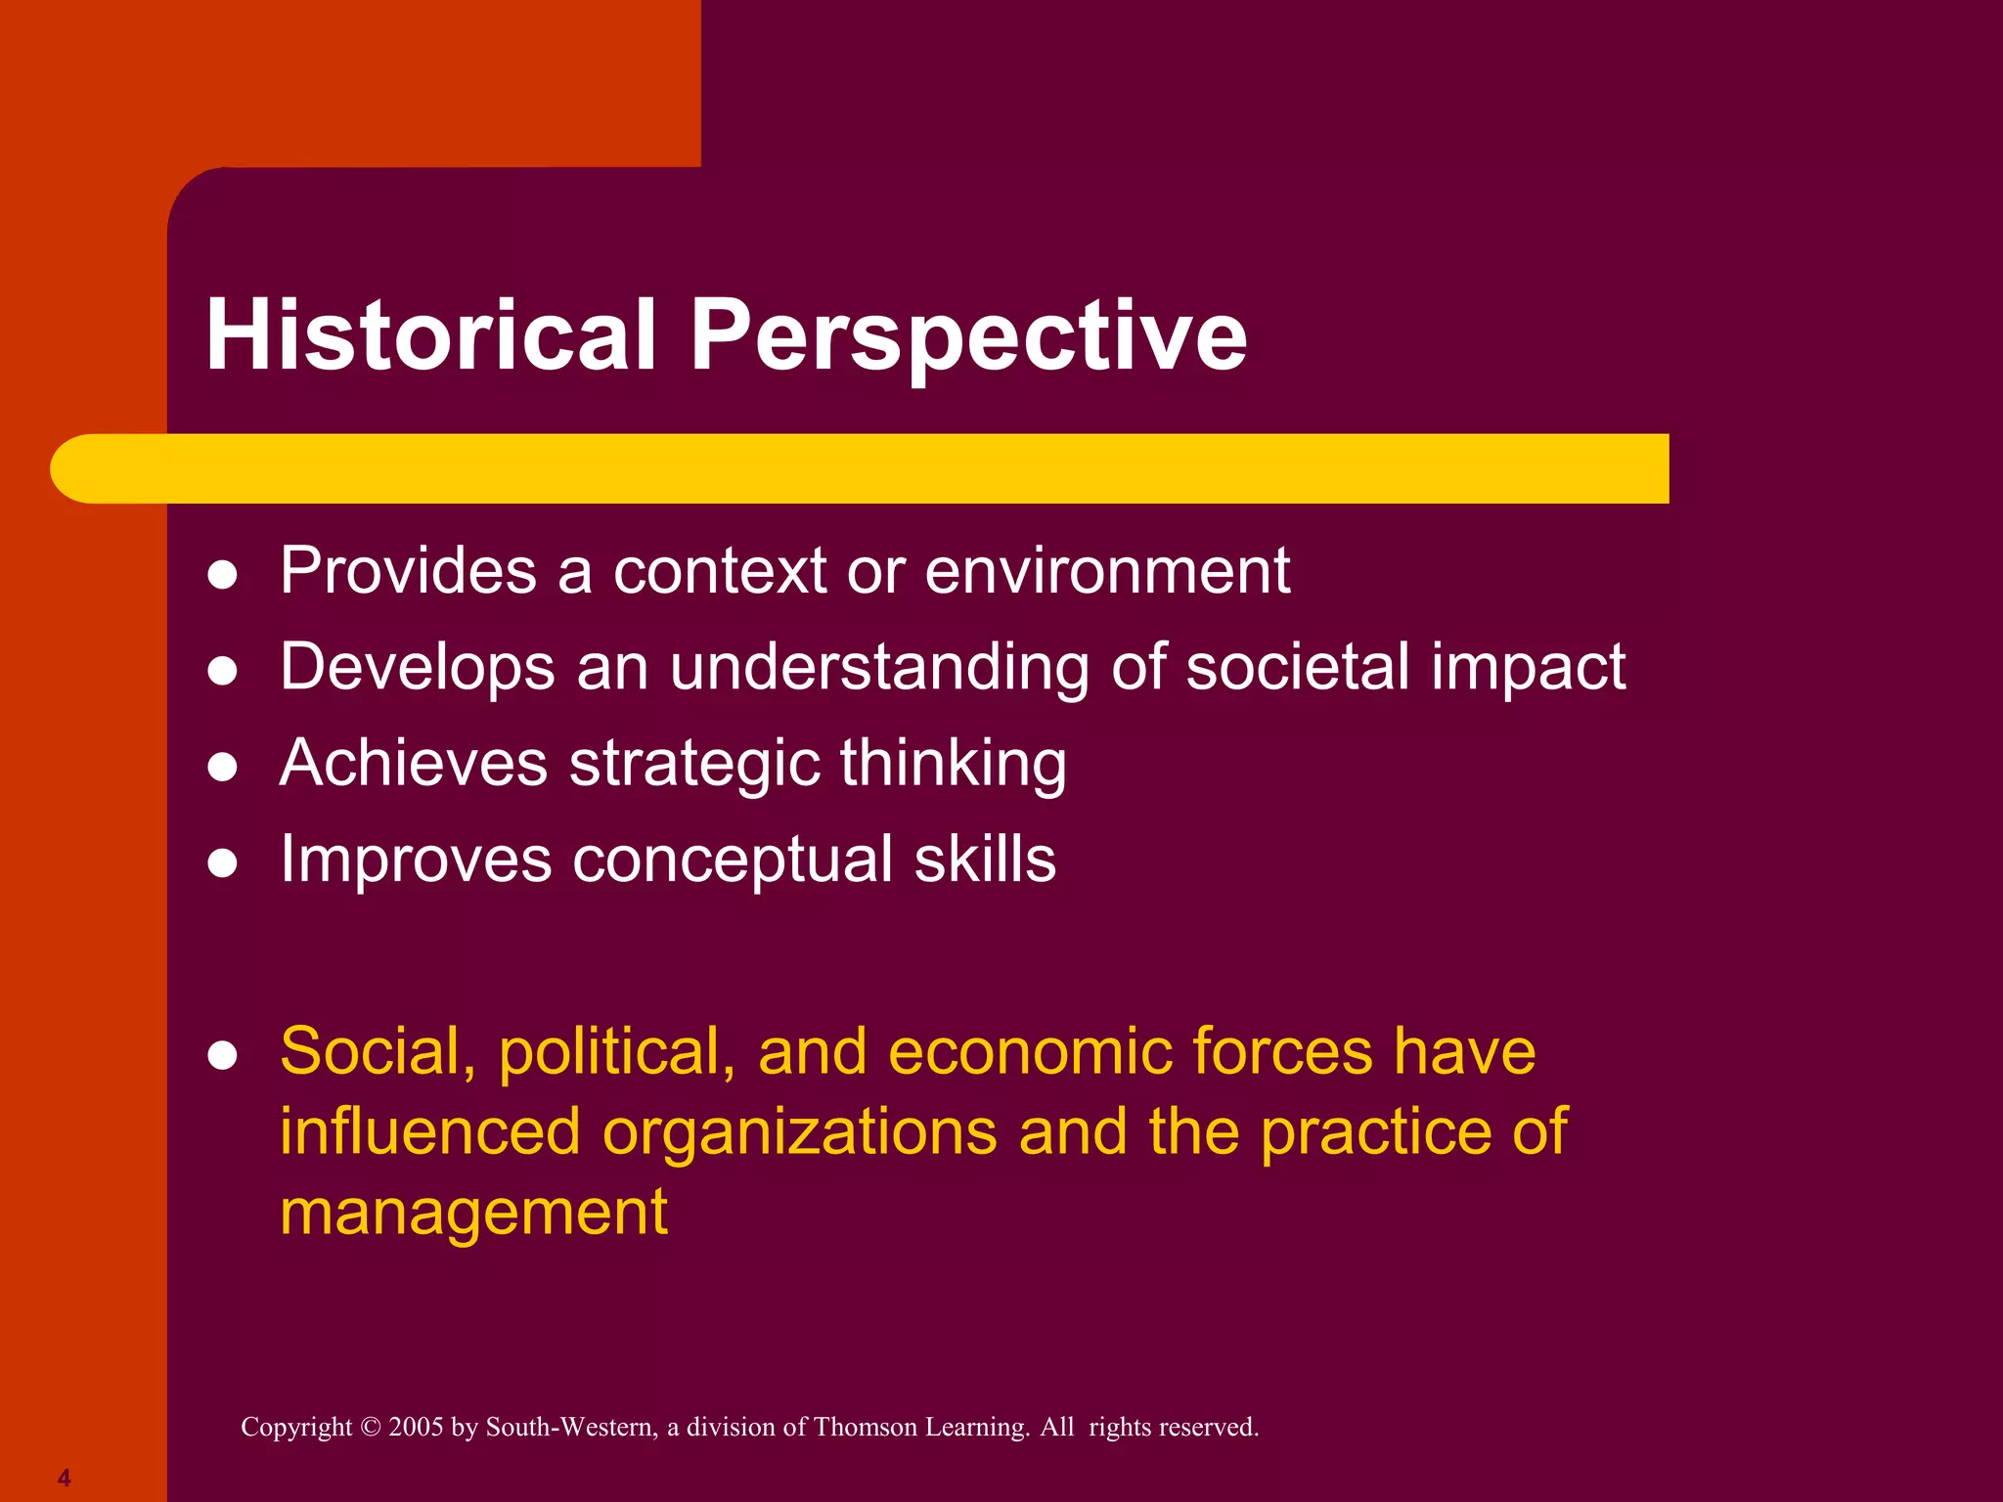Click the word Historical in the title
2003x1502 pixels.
pyautogui.click(x=430, y=335)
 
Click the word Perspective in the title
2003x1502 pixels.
pyautogui.click(x=968, y=335)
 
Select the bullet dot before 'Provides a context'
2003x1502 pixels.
pyautogui.click(x=223, y=575)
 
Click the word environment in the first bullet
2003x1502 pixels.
pyautogui.click(x=1107, y=570)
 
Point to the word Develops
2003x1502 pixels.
pyautogui.click(x=418, y=668)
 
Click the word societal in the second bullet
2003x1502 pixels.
pyautogui.click(x=1297, y=667)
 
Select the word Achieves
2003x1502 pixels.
pyautogui.click(x=413, y=763)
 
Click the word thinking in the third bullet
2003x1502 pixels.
pyautogui.click(x=953, y=764)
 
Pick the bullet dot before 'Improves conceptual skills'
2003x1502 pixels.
pyautogui.click(x=223, y=863)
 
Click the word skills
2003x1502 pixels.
pyautogui.click(x=985, y=860)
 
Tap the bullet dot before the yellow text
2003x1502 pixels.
pyautogui.click(x=223, y=1056)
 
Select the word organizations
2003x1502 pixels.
pyautogui.click(x=800, y=1132)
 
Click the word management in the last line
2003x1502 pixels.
pyautogui.click(x=473, y=1213)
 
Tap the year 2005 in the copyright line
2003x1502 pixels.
pyautogui.click(x=416, y=1427)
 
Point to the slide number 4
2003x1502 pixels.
pyautogui.click(x=64, y=1478)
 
